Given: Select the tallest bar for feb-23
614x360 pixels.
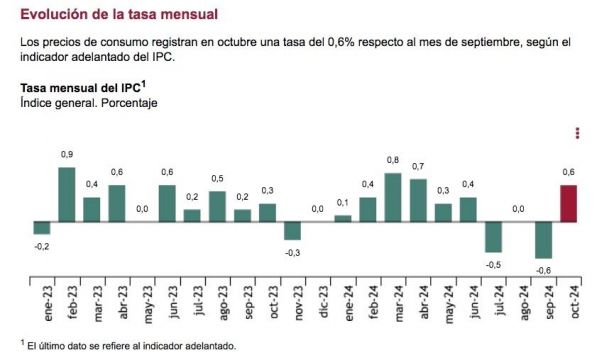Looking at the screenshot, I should pos(67,193).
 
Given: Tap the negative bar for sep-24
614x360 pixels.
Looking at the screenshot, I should pos(543,239).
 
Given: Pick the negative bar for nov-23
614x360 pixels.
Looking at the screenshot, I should pos(292,230).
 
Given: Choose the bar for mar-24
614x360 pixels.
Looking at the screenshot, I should pos(393,196).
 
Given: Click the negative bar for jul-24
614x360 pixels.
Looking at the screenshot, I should pos(493,236).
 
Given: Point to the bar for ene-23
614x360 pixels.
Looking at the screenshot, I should pos(42,226).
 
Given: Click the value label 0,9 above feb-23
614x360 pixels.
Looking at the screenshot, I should pos(67,154).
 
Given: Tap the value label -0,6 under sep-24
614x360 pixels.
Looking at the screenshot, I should pos(543,270).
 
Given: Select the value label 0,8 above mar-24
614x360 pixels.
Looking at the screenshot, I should pos(393,160).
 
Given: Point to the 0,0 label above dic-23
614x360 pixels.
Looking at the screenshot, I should pos(317,209).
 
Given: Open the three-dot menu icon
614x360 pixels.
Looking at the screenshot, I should pos(578,133).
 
